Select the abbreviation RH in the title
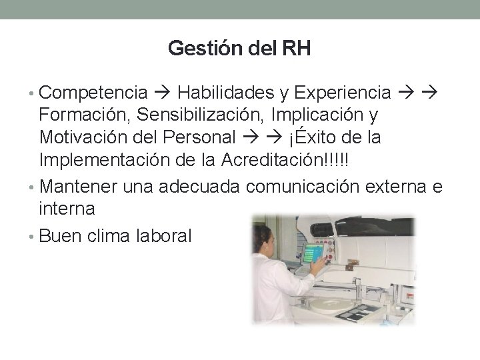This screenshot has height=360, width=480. [x=301, y=49]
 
